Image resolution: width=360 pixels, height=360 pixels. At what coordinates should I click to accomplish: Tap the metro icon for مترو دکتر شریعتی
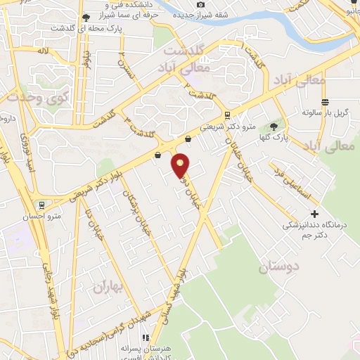226,115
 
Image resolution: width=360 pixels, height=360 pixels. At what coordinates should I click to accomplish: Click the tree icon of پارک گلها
274,127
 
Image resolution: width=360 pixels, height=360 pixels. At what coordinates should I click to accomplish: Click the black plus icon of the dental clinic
314,214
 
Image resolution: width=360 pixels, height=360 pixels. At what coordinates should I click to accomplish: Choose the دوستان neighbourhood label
278,266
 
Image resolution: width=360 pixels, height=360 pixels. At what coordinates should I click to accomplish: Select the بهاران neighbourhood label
107,286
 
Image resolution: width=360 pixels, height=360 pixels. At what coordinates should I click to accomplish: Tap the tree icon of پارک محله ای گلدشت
86,18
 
